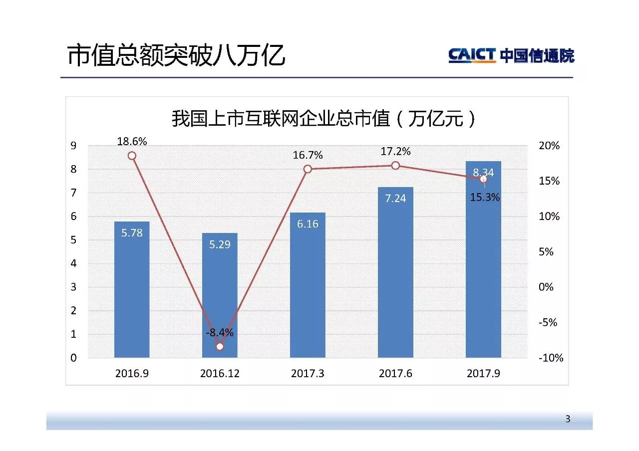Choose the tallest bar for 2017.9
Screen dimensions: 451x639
point(483,269)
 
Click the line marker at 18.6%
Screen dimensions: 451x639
point(132,156)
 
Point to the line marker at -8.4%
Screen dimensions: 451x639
point(220,346)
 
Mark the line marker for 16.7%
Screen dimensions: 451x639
point(308,169)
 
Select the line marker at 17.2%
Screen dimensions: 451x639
point(395,166)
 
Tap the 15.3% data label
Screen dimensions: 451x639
point(485,198)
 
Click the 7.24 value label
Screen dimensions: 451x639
point(395,199)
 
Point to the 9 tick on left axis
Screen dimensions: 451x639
point(73,146)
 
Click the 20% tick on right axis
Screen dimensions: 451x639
point(549,146)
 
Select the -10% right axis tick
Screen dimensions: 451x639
point(551,358)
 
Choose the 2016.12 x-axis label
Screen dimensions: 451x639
point(220,373)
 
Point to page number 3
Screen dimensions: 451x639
point(568,419)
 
